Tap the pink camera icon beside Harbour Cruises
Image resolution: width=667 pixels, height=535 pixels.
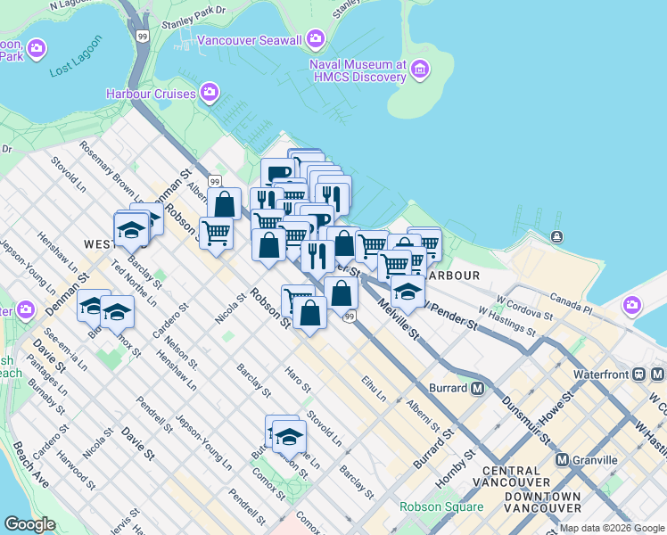pos(210,93)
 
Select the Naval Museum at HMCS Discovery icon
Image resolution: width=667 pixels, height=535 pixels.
pos(421,70)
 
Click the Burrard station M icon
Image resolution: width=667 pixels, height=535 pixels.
pos(477,389)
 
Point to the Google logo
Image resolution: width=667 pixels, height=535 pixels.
pos(29,524)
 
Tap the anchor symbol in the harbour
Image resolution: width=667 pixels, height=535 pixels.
pos(556,236)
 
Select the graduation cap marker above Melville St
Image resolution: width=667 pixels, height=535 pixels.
pos(407,292)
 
